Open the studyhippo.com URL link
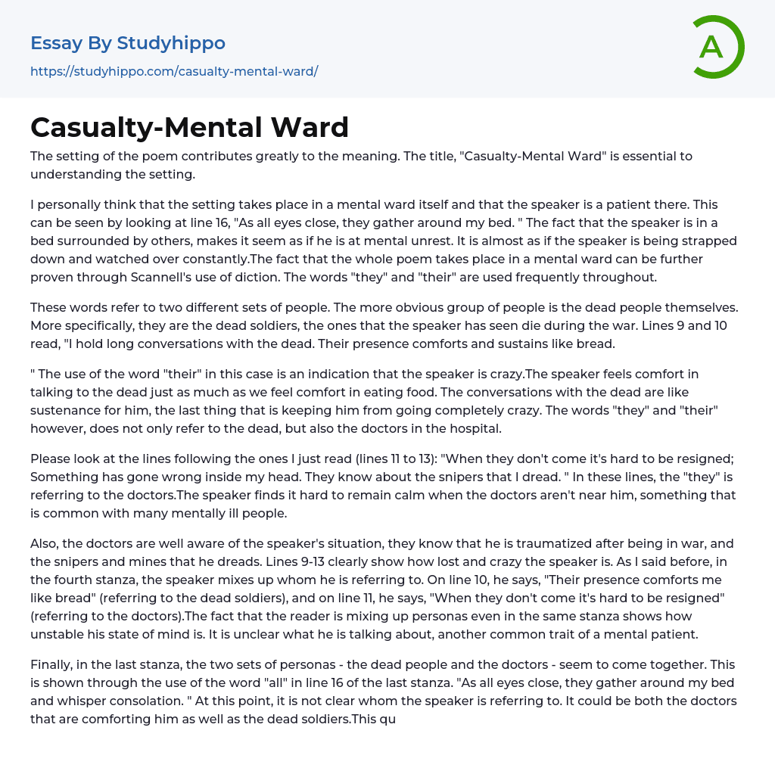point(174,71)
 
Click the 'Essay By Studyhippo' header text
point(128,43)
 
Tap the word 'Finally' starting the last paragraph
point(52,664)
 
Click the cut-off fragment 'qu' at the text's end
point(388,719)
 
